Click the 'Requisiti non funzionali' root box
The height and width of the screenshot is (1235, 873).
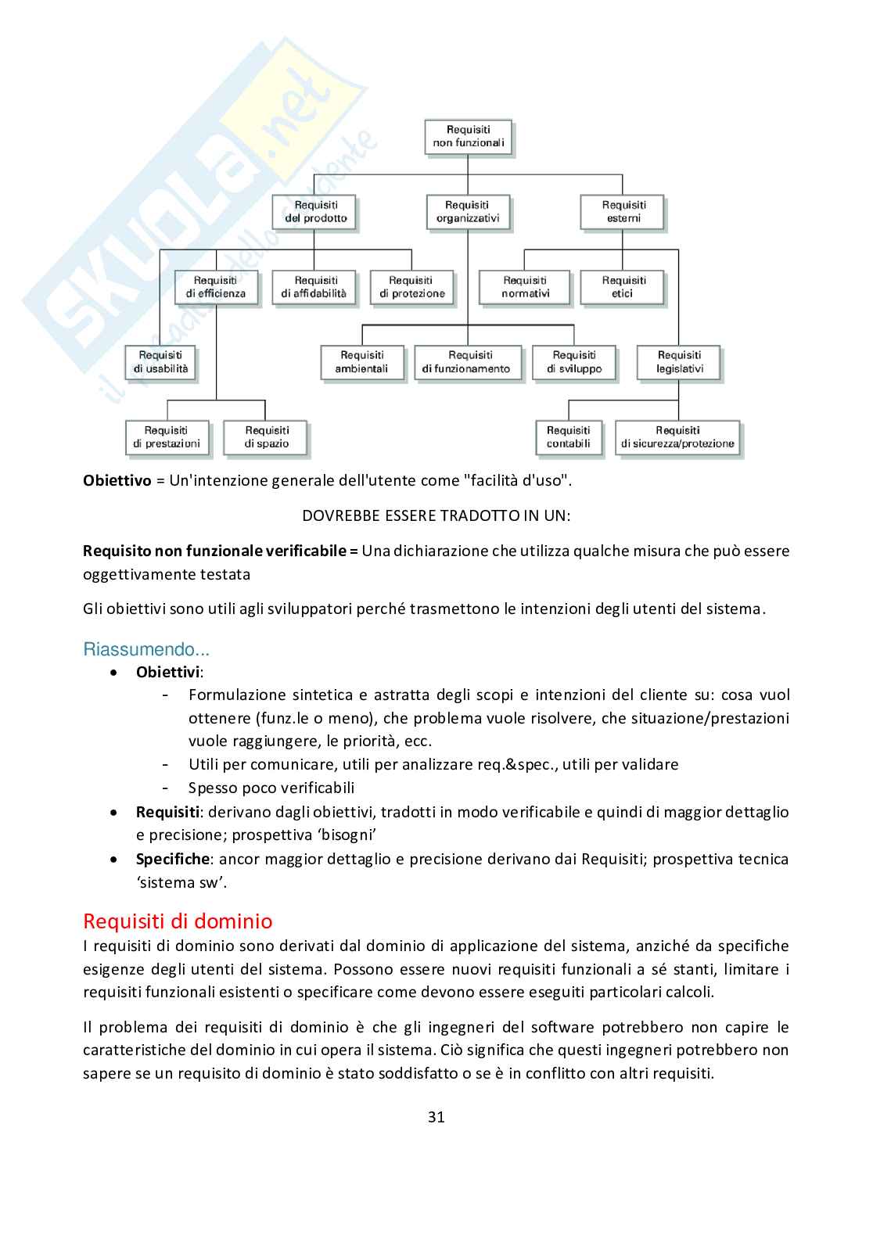[x=468, y=136]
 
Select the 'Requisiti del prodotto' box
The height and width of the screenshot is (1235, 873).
[x=314, y=212]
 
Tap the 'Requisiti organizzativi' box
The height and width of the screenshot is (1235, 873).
[x=468, y=212]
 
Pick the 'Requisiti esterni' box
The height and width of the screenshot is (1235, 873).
[x=623, y=212]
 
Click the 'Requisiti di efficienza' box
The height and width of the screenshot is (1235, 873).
[x=216, y=287]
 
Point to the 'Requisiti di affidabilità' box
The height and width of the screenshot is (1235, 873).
[x=314, y=287]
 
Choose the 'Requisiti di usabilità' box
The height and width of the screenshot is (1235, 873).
[x=160, y=362]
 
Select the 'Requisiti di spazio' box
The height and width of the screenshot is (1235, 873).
[x=266, y=437]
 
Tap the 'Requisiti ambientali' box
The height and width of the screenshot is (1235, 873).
[x=361, y=362]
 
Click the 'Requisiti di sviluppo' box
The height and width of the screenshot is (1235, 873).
[x=574, y=362]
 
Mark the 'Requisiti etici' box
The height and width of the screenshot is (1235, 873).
[x=623, y=287]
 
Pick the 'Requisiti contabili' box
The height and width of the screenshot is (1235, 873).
[x=569, y=437]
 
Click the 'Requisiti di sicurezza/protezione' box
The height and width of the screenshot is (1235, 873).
[x=677, y=437]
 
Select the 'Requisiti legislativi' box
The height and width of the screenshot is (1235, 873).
[x=679, y=362]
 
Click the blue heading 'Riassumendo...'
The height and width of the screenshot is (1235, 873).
[x=146, y=649]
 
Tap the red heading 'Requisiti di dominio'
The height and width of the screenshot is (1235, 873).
[x=178, y=921]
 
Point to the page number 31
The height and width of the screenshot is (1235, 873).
[x=436, y=1117]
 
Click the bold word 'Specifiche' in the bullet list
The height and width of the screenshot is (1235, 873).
[x=172, y=859]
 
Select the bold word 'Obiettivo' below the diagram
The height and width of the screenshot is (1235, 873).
[x=117, y=480]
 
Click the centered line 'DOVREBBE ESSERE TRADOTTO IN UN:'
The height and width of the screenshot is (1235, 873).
[x=436, y=515]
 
